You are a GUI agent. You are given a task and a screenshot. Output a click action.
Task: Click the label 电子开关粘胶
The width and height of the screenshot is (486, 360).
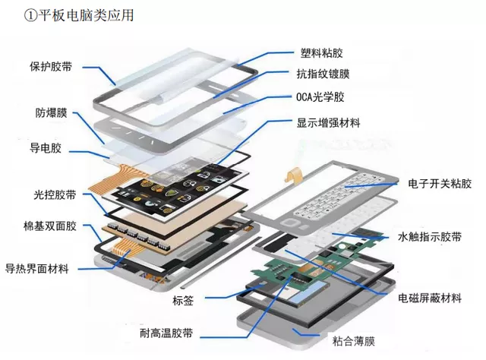pyautogui.click(x=439, y=185)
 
